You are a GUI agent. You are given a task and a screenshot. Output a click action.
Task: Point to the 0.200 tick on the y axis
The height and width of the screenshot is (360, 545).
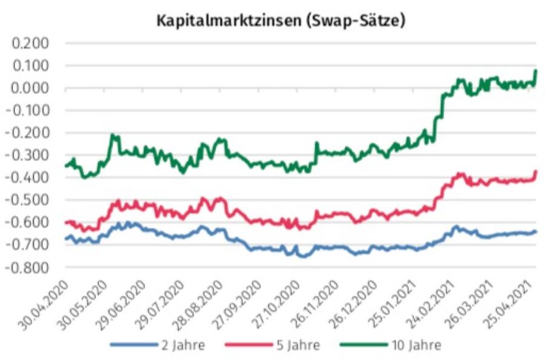[30, 44]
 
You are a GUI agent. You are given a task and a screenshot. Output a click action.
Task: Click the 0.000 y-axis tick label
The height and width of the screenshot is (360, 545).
[30, 88]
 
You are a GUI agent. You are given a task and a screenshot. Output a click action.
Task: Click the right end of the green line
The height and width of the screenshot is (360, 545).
[536, 71]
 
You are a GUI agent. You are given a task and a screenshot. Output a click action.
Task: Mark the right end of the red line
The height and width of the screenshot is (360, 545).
[536, 172]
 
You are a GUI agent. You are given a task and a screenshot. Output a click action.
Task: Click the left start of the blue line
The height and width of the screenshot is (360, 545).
[65, 239]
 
